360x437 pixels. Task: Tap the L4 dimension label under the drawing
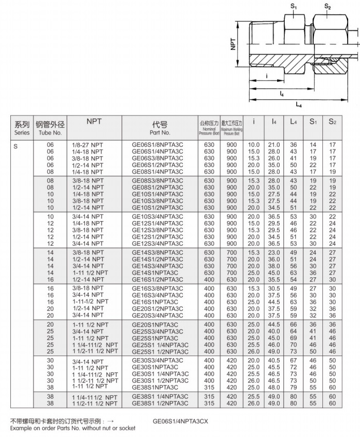299,105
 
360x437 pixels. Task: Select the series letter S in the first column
15,145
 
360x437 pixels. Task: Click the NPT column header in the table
94,121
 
